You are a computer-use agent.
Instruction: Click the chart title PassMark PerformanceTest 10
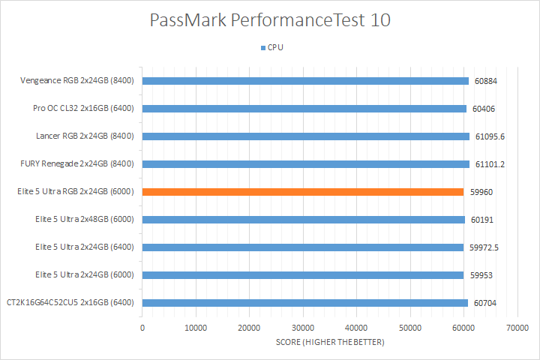[270, 20]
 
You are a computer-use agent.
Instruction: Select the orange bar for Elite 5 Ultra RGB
[303, 192]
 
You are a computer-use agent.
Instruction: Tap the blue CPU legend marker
[262, 47]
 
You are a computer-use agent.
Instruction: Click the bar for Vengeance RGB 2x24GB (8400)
[305, 81]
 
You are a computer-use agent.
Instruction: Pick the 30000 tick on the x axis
[303, 328]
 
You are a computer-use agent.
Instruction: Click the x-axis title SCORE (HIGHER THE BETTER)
[329, 343]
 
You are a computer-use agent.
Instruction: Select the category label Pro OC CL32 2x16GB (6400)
[83, 109]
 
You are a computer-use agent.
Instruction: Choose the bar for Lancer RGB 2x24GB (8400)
[306, 136]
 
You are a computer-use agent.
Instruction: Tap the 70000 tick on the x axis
[517, 328]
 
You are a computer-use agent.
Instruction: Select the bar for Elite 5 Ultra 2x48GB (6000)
[304, 220]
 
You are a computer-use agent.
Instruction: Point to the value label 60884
[485, 81]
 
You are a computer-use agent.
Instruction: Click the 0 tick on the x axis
[142, 328]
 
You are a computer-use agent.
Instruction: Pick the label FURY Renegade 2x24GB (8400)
[77, 164]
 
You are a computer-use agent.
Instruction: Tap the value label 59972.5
[487, 247]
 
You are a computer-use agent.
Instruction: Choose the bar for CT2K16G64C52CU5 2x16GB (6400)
[305, 303]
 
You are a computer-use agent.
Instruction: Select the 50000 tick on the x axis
[409, 328]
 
